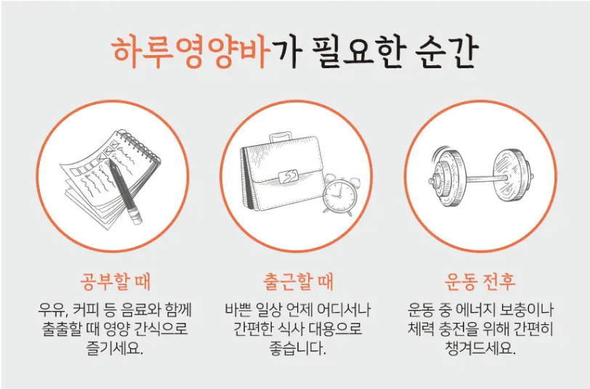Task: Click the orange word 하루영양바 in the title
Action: pos(191,52)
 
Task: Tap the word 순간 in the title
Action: pos(447,52)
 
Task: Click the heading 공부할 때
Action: pos(115,282)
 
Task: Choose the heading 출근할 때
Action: pos(298,282)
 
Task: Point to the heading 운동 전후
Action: pos(480,282)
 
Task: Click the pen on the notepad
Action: pos(125,192)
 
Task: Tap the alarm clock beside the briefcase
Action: pos(339,194)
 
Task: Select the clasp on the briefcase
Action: pos(289,176)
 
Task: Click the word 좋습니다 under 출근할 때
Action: pos(298,348)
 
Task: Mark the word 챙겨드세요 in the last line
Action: pos(480,348)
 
